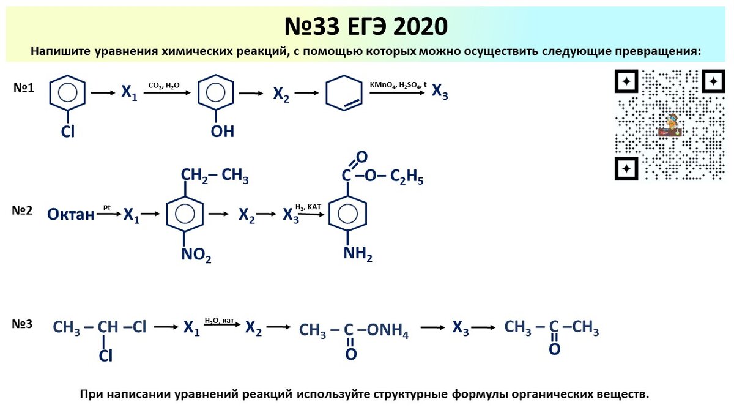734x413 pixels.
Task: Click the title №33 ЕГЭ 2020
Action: click(366, 26)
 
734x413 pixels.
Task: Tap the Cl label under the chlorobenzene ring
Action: click(67, 132)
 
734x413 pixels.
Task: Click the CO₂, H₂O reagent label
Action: click(164, 86)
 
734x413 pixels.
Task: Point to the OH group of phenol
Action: click(223, 132)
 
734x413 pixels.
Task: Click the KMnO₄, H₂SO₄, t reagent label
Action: click(398, 84)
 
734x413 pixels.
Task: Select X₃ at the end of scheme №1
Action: click(440, 92)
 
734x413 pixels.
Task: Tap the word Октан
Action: click(71, 215)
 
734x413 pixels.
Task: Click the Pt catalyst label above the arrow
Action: click(106, 208)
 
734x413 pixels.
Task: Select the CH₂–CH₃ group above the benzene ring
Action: click(214, 177)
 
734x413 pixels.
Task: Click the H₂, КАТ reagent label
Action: click(308, 207)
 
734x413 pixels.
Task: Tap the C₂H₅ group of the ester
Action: click(407, 179)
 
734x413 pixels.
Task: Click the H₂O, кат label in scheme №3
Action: click(220, 320)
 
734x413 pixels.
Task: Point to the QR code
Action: click(669, 125)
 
